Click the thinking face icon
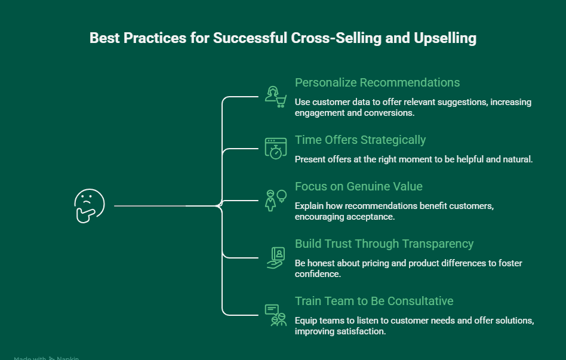click(x=89, y=206)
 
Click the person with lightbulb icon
click(x=275, y=201)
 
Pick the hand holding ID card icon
click(x=275, y=257)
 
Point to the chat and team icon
click(x=275, y=315)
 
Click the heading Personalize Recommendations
click(x=377, y=82)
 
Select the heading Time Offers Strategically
click(x=360, y=140)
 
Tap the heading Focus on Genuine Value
click(x=358, y=186)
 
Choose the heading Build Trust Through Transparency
click(x=384, y=244)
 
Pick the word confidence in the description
click(x=316, y=274)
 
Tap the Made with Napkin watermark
click(x=46, y=358)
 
